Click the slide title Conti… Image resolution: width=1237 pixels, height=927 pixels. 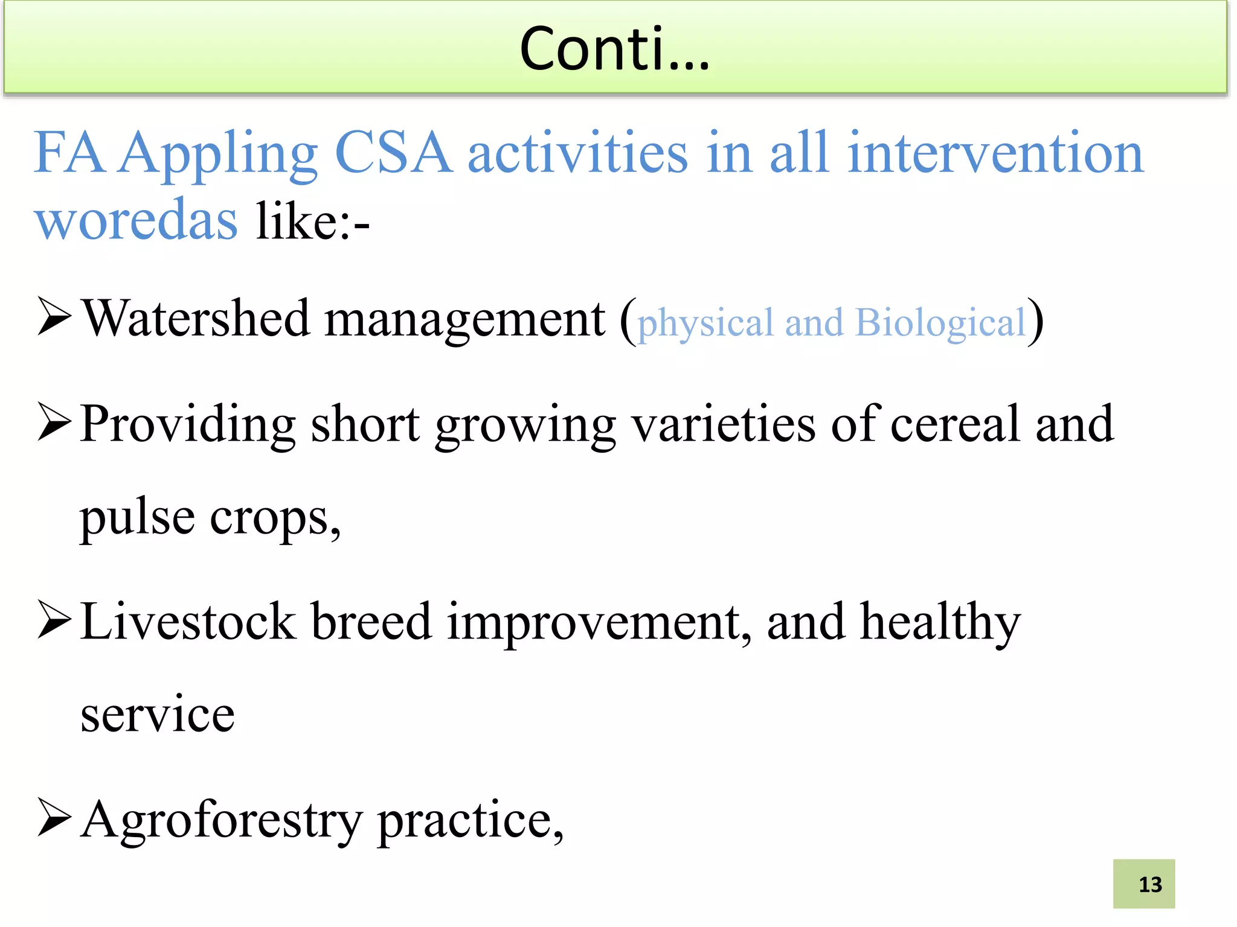click(x=614, y=49)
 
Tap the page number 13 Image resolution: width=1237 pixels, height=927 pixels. click(x=1149, y=885)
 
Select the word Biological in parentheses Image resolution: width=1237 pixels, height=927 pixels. click(x=940, y=322)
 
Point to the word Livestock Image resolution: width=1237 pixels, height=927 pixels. click(x=188, y=622)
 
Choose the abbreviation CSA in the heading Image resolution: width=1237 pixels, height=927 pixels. click(x=393, y=153)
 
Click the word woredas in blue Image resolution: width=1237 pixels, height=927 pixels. click(x=136, y=220)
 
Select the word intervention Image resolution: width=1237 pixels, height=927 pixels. click(x=995, y=153)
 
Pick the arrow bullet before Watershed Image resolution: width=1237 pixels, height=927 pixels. click(x=54, y=316)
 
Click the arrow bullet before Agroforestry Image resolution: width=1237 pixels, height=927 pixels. click(x=54, y=817)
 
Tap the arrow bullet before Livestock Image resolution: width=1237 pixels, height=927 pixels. click(x=54, y=619)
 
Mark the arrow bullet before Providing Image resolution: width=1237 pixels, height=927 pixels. click(x=54, y=422)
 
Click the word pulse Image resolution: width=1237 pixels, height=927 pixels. click(x=138, y=518)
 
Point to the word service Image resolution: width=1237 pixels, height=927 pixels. click(x=158, y=715)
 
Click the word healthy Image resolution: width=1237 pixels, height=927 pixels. click(x=940, y=623)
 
